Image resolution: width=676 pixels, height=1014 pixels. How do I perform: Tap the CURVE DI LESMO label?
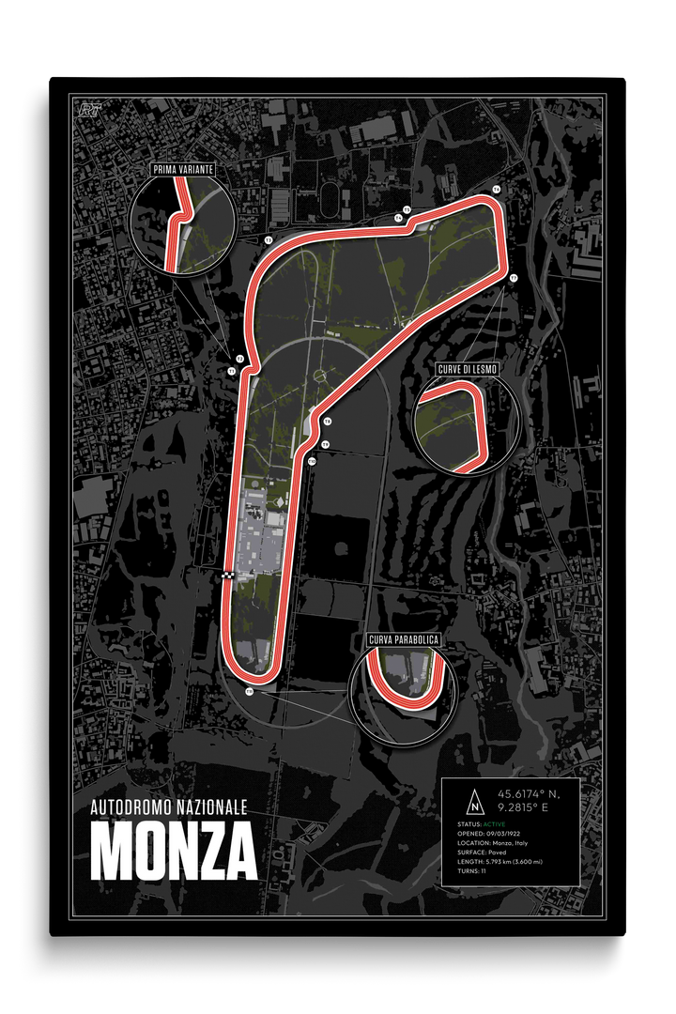point(467,369)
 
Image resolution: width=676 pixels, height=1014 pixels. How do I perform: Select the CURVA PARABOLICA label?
point(403,640)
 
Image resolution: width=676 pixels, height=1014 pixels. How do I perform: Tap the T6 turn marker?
point(496,190)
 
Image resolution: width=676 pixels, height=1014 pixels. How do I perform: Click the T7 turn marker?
point(514,279)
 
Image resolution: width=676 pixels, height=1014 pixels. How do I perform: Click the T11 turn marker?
point(250,691)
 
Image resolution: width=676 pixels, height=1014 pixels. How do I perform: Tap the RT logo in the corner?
point(90,109)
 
